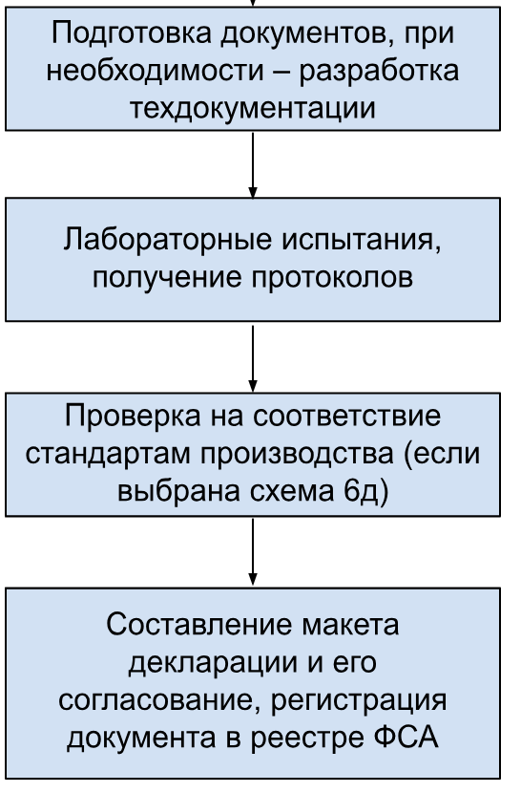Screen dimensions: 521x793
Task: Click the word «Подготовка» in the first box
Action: coord(133,33)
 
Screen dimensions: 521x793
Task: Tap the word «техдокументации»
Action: coord(253,108)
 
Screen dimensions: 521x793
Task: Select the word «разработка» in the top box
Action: coord(379,72)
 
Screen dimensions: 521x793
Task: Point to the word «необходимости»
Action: coord(156,71)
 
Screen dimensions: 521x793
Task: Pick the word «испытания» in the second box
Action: coord(362,241)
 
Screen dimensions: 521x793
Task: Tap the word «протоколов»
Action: coord(332,278)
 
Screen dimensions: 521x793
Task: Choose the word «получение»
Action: coord(167,278)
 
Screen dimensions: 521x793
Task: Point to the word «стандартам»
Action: coord(109,454)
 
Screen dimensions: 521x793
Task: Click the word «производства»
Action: coord(297,454)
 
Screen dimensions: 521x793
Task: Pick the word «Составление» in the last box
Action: coord(199,624)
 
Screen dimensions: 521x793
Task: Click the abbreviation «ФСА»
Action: coord(406,738)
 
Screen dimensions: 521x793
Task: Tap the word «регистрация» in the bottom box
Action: coord(360,701)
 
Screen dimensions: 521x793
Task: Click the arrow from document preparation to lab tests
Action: coord(253,165)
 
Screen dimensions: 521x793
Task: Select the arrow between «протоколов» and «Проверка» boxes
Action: coord(253,358)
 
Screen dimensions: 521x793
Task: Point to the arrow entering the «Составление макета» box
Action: coord(253,551)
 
